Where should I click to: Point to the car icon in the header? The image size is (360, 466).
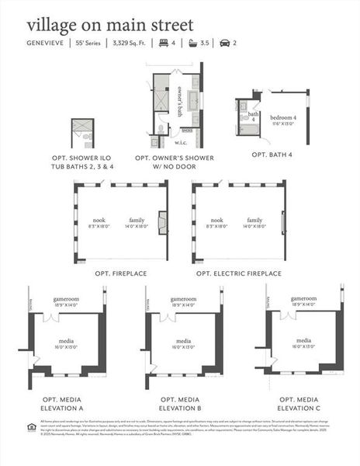pyautogui.click(x=225, y=43)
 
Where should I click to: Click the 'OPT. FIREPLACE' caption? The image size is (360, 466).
pyautogui.click(x=120, y=273)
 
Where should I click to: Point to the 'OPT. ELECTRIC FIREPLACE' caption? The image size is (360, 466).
pyautogui.click(x=238, y=273)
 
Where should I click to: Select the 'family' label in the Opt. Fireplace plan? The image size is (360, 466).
pyautogui.click(x=137, y=221)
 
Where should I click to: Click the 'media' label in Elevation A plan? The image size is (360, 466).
pyautogui.click(x=66, y=341)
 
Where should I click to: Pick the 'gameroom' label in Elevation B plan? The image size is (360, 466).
pyautogui.click(x=183, y=299)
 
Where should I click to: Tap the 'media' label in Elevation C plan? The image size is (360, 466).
pyautogui.click(x=304, y=339)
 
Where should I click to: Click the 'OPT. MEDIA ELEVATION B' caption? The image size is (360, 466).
pyautogui.click(x=180, y=403)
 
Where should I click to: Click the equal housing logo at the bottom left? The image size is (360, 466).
pyautogui.click(x=31, y=424)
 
